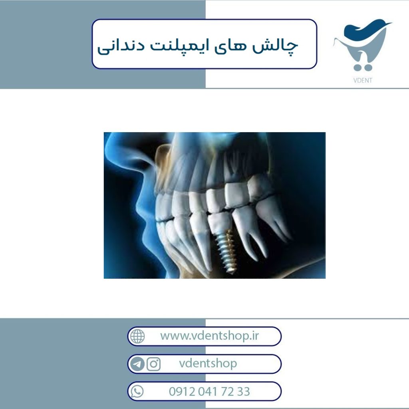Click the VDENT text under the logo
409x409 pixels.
pyautogui.click(x=363, y=80)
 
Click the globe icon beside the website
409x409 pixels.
pyautogui.click(x=137, y=336)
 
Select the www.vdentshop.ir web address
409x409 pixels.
pyautogui.click(x=209, y=336)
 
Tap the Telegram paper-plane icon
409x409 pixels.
pyautogui.click(x=137, y=364)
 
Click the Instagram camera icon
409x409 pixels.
pyautogui.click(x=153, y=364)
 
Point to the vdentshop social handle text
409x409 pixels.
pyautogui.click(x=208, y=363)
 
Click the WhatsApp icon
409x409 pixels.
pyautogui.click(x=137, y=391)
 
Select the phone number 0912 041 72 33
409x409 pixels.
pyautogui.click(x=209, y=391)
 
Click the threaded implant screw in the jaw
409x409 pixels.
pyautogui.click(x=226, y=251)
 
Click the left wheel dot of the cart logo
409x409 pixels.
pyautogui.click(x=357, y=68)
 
